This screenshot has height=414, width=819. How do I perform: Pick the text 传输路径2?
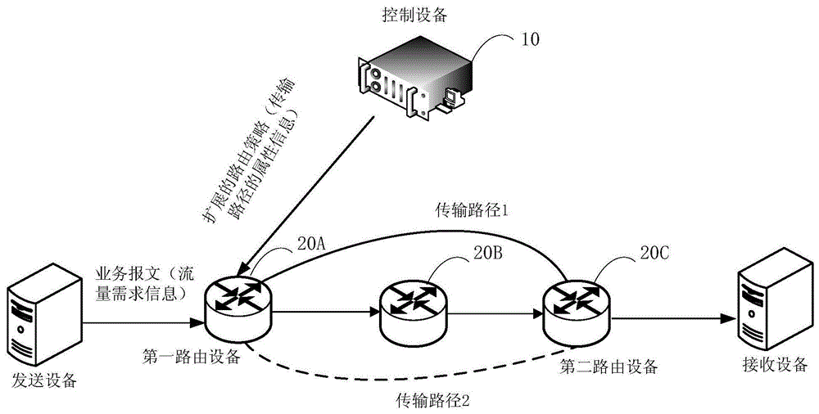(x=432, y=400)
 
